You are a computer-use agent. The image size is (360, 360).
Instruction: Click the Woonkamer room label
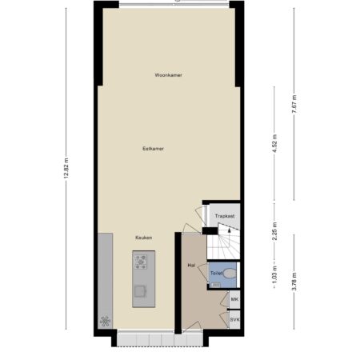tap(169, 75)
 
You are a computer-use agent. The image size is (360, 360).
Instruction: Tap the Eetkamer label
tap(153, 149)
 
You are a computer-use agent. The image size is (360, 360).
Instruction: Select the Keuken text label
tap(144, 238)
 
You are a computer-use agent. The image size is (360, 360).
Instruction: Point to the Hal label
tap(191, 266)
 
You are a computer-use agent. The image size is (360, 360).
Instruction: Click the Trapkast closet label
tap(225, 216)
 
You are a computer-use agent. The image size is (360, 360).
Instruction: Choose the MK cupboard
tap(234, 299)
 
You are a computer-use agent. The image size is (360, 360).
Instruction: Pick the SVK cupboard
tap(234, 319)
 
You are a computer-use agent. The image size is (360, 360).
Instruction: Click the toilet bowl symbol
tap(230, 274)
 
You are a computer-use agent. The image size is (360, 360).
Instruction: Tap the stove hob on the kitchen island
tap(141, 262)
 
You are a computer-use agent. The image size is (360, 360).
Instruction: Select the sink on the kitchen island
tap(140, 291)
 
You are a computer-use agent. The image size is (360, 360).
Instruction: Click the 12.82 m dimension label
tap(66, 168)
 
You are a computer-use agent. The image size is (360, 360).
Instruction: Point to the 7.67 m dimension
tap(294, 104)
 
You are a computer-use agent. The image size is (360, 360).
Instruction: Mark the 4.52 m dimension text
tap(275, 143)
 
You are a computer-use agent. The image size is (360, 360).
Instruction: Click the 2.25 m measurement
tap(275, 231)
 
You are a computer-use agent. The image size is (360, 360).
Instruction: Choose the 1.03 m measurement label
tap(275, 275)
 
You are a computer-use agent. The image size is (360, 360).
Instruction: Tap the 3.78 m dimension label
tap(294, 282)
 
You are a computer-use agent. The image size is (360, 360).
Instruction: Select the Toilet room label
tap(217, 274)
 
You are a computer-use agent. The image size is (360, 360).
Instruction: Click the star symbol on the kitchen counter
tap(105, 321)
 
